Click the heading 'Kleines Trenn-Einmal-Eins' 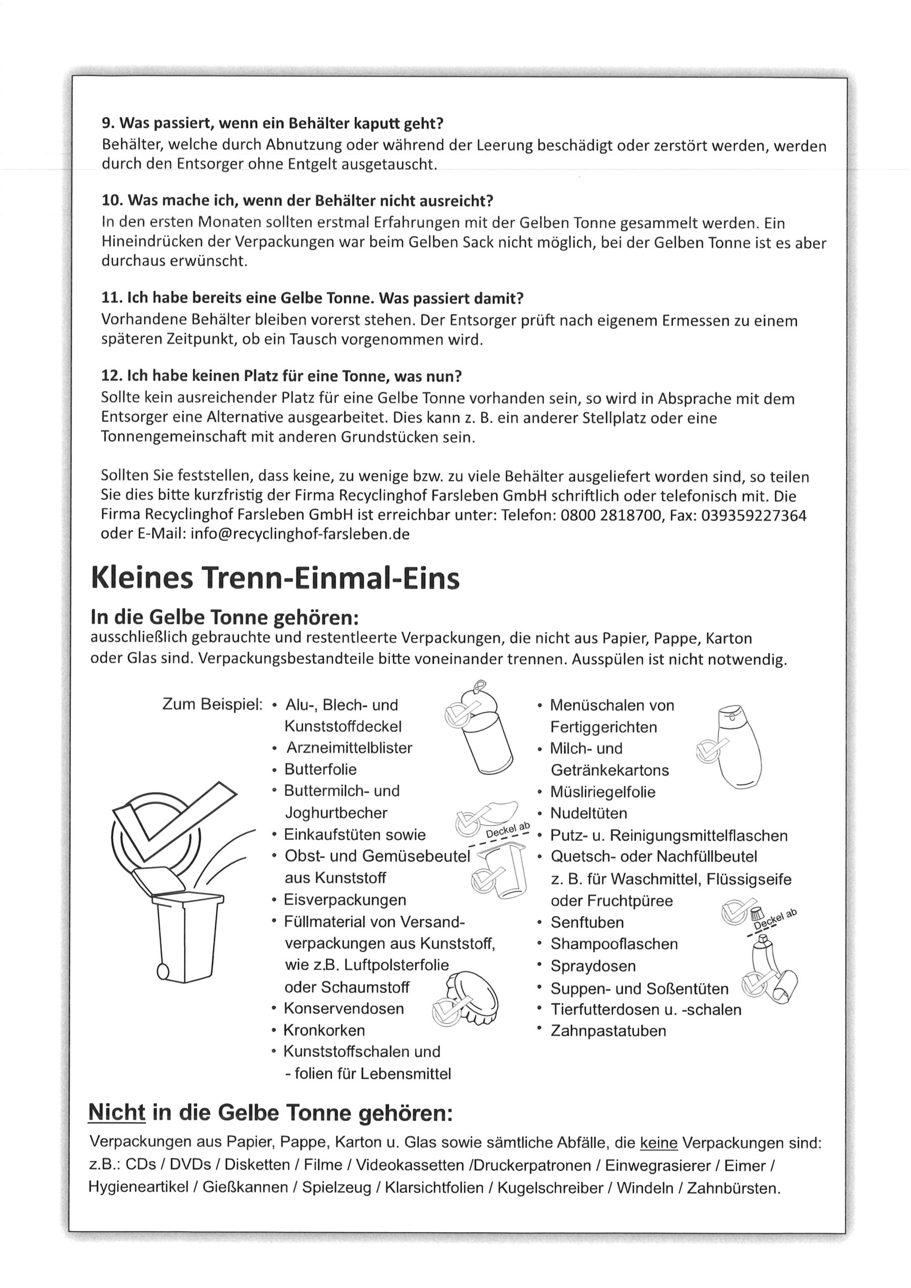(275, 579)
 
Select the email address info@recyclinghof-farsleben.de (300, 534)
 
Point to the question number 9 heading (272, 122)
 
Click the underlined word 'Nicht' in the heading (117, 1113)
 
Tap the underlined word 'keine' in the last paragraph (658, 1143)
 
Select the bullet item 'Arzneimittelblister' (349, 748)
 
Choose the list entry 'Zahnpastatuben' (609, 1030)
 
